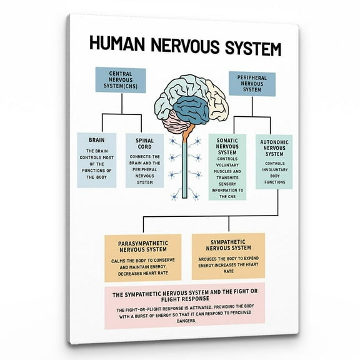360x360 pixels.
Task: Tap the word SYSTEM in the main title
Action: point(246,49)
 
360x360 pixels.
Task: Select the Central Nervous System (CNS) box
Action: point(120,81)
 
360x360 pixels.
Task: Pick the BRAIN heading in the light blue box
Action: point(96,141)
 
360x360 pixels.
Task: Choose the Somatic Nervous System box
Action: point(227,166)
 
